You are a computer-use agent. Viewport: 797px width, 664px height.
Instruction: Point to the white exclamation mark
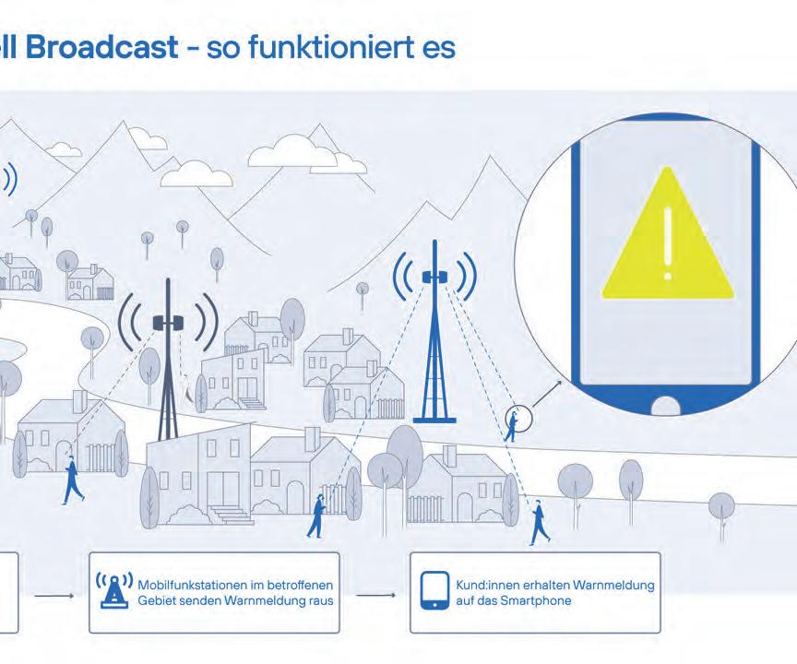[x=667, y=242]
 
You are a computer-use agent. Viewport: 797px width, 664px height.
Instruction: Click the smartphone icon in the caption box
[x=434, y=591]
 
